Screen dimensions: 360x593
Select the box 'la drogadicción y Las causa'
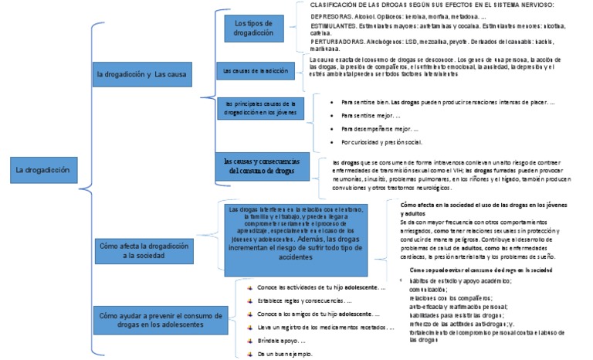click(x=142, y=74)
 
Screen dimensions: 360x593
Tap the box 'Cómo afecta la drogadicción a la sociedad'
click(x=144, y=250)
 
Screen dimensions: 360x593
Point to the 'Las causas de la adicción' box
click(x=255, y=71)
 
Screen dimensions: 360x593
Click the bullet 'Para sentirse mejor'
click(x=367, y=114)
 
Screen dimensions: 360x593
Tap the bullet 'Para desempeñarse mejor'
click(x=374, y=128)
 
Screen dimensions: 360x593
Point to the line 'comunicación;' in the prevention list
click(x=432, y=288)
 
